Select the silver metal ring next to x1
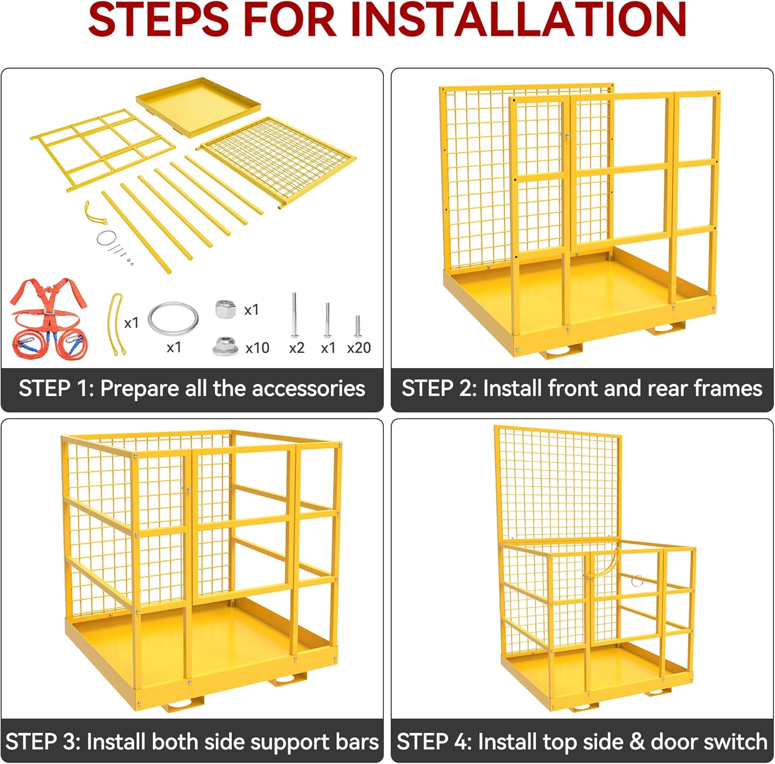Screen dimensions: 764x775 (x=173, y=318)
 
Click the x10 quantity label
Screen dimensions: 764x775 (x=257, y=348)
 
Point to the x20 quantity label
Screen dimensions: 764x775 (x=359, y=348)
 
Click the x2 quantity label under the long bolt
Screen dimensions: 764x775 (x=297, y=348)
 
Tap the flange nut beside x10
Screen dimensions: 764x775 (x=225, y=346)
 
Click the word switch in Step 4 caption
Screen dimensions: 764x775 (x=735, y=742)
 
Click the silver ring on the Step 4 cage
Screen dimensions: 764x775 (x=637, y=580)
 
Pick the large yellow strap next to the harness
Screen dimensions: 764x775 (x=115, y=324)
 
